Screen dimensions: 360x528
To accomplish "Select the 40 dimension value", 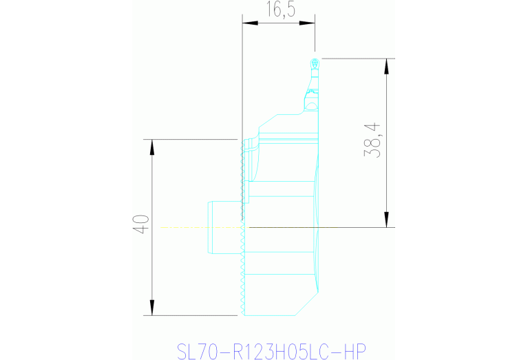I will [141, 226].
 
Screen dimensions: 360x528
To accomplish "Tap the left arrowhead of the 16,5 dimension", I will [247, 23].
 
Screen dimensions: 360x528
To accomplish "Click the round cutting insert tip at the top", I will [315, 63].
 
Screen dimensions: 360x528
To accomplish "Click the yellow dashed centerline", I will [200, 226].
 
